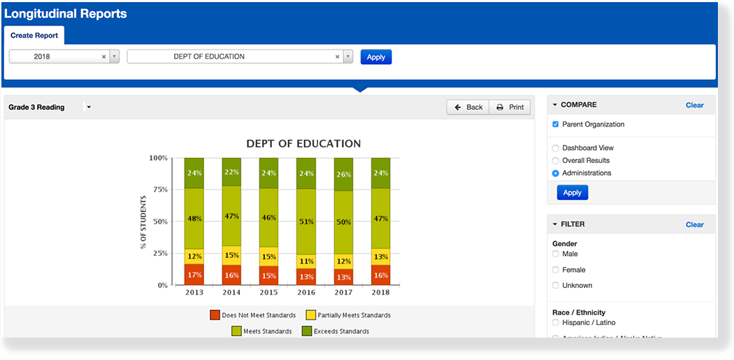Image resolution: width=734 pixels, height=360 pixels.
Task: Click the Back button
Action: point(468,107)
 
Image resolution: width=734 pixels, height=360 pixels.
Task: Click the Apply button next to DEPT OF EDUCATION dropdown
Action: point(376,57)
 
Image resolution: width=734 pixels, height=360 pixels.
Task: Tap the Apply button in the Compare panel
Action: point(572,192)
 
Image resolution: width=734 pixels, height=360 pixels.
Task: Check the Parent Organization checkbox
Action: point(556,124)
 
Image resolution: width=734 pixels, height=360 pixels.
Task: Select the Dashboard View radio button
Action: point(556,148)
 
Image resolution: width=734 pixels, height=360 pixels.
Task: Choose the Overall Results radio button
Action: point(556,161)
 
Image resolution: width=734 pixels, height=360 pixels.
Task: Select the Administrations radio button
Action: point(556,173)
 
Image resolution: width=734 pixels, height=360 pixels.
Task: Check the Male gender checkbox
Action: point(556,254)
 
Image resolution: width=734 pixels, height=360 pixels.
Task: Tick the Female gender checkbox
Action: point(556,270)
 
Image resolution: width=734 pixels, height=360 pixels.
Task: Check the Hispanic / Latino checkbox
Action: point(556,322)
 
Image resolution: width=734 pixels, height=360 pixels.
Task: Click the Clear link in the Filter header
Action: point(694,224)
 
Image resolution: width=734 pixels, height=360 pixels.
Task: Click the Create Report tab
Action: point(34,36)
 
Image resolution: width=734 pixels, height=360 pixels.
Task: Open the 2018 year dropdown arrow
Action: point(115,57)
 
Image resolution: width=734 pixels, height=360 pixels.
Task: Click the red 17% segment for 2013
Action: point(194,274)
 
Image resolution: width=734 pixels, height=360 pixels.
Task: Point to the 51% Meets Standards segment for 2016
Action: point(306,222)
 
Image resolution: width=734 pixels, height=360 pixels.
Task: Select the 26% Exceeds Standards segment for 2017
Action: point(343,174)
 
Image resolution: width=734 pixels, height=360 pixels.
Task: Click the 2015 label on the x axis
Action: point(268,292)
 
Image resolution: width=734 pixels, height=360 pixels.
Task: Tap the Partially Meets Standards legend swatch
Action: point(312,315)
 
